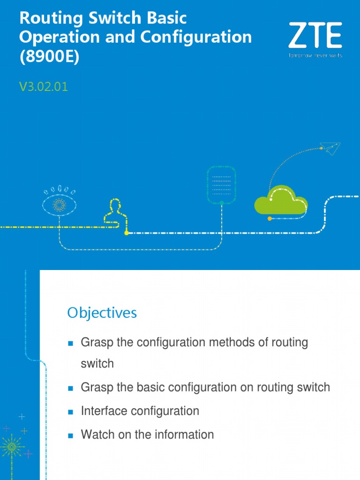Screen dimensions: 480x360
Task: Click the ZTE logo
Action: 315,36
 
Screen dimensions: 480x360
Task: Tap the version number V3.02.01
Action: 44,87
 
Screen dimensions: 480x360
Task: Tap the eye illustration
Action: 59,203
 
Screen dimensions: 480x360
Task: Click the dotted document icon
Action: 221,184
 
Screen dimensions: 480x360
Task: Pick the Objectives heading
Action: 102,313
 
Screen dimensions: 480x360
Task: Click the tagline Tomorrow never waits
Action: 315,55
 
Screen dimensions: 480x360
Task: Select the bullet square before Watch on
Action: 71,435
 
